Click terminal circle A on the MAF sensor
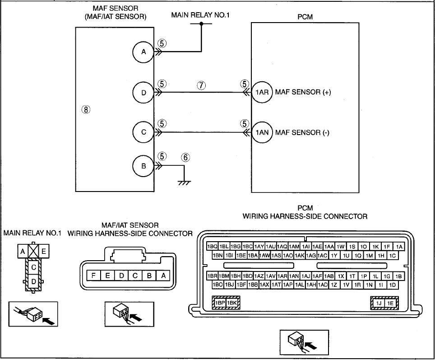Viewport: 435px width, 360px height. [x=143, y=52]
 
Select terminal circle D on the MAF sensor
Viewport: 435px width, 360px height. [x=143, y=93]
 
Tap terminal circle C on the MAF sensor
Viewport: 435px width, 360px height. [x=143, y=132]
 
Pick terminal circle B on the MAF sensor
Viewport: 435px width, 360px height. [x=143, y=166]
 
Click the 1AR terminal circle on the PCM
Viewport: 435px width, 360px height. [x=262, y=92]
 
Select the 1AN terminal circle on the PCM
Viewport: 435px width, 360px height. [x=262, y=132]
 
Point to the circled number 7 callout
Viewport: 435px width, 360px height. [x=201, y=85]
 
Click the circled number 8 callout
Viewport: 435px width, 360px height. [x=86, y=110]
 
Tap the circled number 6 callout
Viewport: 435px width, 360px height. [x=185, y=158]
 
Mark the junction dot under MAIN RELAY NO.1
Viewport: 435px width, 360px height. [x=201, y=23]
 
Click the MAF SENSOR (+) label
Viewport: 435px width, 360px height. [x=303, y=92]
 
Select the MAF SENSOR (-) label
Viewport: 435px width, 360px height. [x=302, y=132]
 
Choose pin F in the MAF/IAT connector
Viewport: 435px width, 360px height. [x=93, y=276]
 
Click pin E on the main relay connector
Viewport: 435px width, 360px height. [x=44, y=252]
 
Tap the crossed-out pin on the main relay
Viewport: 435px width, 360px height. [x=33, y=252]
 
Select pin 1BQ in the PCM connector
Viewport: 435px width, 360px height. [x=212, y=246]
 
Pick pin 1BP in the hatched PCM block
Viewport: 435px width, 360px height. [x=220, y=303]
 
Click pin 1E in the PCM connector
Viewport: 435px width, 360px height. [x=390, y=303]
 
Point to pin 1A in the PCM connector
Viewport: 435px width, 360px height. [x=399, y=246]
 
